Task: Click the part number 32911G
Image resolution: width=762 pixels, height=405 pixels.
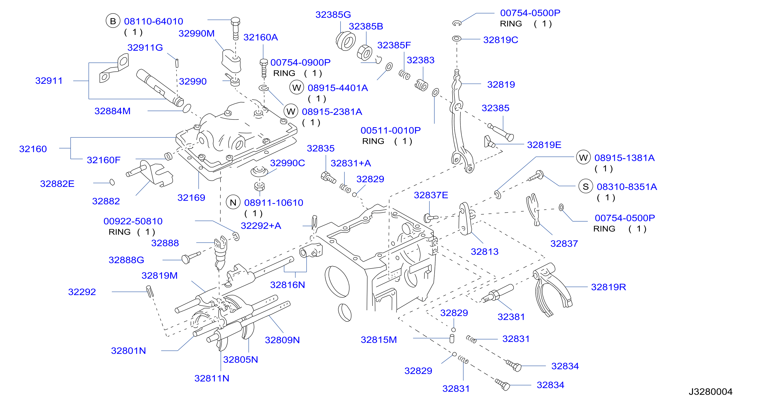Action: tap(145, 47)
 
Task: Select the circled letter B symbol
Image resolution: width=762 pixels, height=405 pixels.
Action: tap(113, 21)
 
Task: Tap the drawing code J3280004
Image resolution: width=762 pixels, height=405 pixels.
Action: tap(710, 392)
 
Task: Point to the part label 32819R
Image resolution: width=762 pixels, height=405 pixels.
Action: tap(609, 287)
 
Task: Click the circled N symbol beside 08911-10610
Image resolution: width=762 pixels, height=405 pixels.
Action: tap(233, 202)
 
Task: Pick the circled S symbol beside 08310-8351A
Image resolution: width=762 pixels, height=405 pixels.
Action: tap(586, 186)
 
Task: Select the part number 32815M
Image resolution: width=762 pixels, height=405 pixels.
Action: tap(379, 340)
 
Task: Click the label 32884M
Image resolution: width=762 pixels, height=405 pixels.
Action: tap(112, 111)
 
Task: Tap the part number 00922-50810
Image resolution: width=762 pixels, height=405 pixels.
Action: tap(133, 221)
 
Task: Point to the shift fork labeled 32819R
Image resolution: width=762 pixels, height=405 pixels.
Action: tap(552, 289)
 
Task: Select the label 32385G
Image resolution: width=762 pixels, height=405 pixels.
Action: tap(333, 14)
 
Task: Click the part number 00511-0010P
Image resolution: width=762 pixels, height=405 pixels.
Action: tap(390, 130)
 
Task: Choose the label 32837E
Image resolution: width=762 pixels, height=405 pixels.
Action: tap(431, 195)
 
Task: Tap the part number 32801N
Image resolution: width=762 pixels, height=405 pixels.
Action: tap(128, 350)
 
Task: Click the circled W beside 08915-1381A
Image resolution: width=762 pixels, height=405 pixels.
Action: tap(583, 157)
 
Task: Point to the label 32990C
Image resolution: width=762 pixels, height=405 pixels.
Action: tap(287, 163)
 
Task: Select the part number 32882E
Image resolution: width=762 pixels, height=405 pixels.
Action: tap(57, 184)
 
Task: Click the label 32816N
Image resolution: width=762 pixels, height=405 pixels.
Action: tap(287, 285)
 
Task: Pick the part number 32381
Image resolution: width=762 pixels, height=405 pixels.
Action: tap(511, 317)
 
